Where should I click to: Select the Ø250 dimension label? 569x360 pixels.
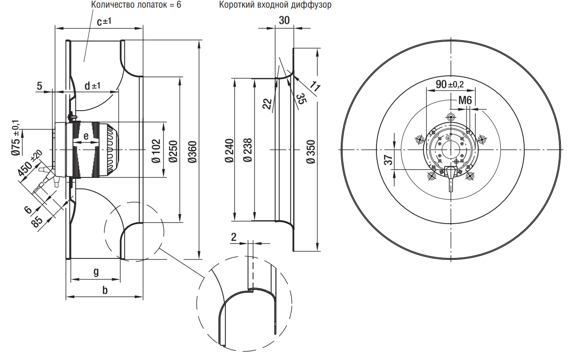click(173, 150)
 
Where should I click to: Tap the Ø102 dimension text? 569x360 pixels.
click(155, 150)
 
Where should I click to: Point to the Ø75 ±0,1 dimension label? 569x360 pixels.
click(16, 141)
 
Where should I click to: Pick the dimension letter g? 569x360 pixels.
click(96, 271)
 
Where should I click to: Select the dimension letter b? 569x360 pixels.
click(105, 290)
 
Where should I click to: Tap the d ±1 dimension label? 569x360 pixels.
click(92, 86)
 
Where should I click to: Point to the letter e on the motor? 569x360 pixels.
click(86, 136)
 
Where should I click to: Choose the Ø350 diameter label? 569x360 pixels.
click(310, 152)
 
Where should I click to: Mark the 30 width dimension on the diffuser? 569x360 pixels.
click(284, 21)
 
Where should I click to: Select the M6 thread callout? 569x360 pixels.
click(465, 101)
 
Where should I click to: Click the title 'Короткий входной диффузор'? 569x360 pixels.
click(275, 5)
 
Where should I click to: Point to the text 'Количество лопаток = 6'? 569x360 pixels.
click(130, 5)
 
